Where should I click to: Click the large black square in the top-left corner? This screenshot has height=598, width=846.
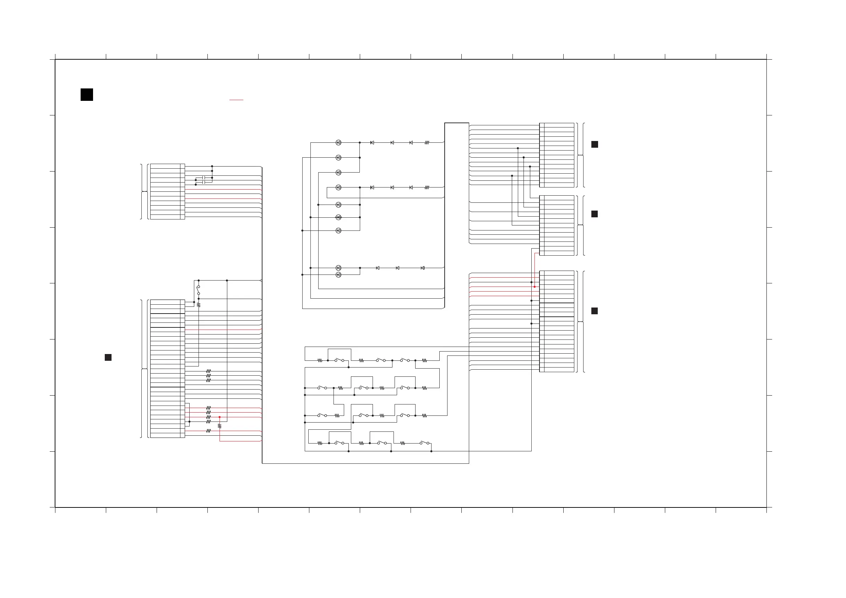coord(87,95)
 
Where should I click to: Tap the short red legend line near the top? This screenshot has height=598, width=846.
coord(236,100)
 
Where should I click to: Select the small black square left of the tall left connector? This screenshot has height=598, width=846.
coord(108,357)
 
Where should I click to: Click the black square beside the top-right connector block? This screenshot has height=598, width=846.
coord(594,145)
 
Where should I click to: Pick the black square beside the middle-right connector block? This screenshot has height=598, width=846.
coord(594,214)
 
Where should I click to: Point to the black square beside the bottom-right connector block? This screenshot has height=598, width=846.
coord(594,311)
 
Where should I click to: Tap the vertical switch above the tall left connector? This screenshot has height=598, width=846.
coord(198,290)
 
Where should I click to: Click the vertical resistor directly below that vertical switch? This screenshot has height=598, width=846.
coord(199,305)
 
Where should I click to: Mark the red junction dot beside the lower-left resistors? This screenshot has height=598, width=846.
coord(219,417)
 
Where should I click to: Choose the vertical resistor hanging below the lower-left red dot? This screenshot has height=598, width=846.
coord(219,426)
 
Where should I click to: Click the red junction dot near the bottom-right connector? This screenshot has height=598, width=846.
coord(534,287)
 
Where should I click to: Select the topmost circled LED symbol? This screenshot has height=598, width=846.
coord(338,143)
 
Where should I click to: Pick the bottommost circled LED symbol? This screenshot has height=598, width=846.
coord(338,275)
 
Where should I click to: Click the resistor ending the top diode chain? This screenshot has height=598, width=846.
coord(427,143)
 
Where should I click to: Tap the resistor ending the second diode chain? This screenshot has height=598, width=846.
coord(427,187)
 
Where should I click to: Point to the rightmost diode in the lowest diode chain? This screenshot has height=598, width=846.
coord(422,268)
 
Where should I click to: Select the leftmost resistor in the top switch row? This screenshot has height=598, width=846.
coord(320,360)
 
